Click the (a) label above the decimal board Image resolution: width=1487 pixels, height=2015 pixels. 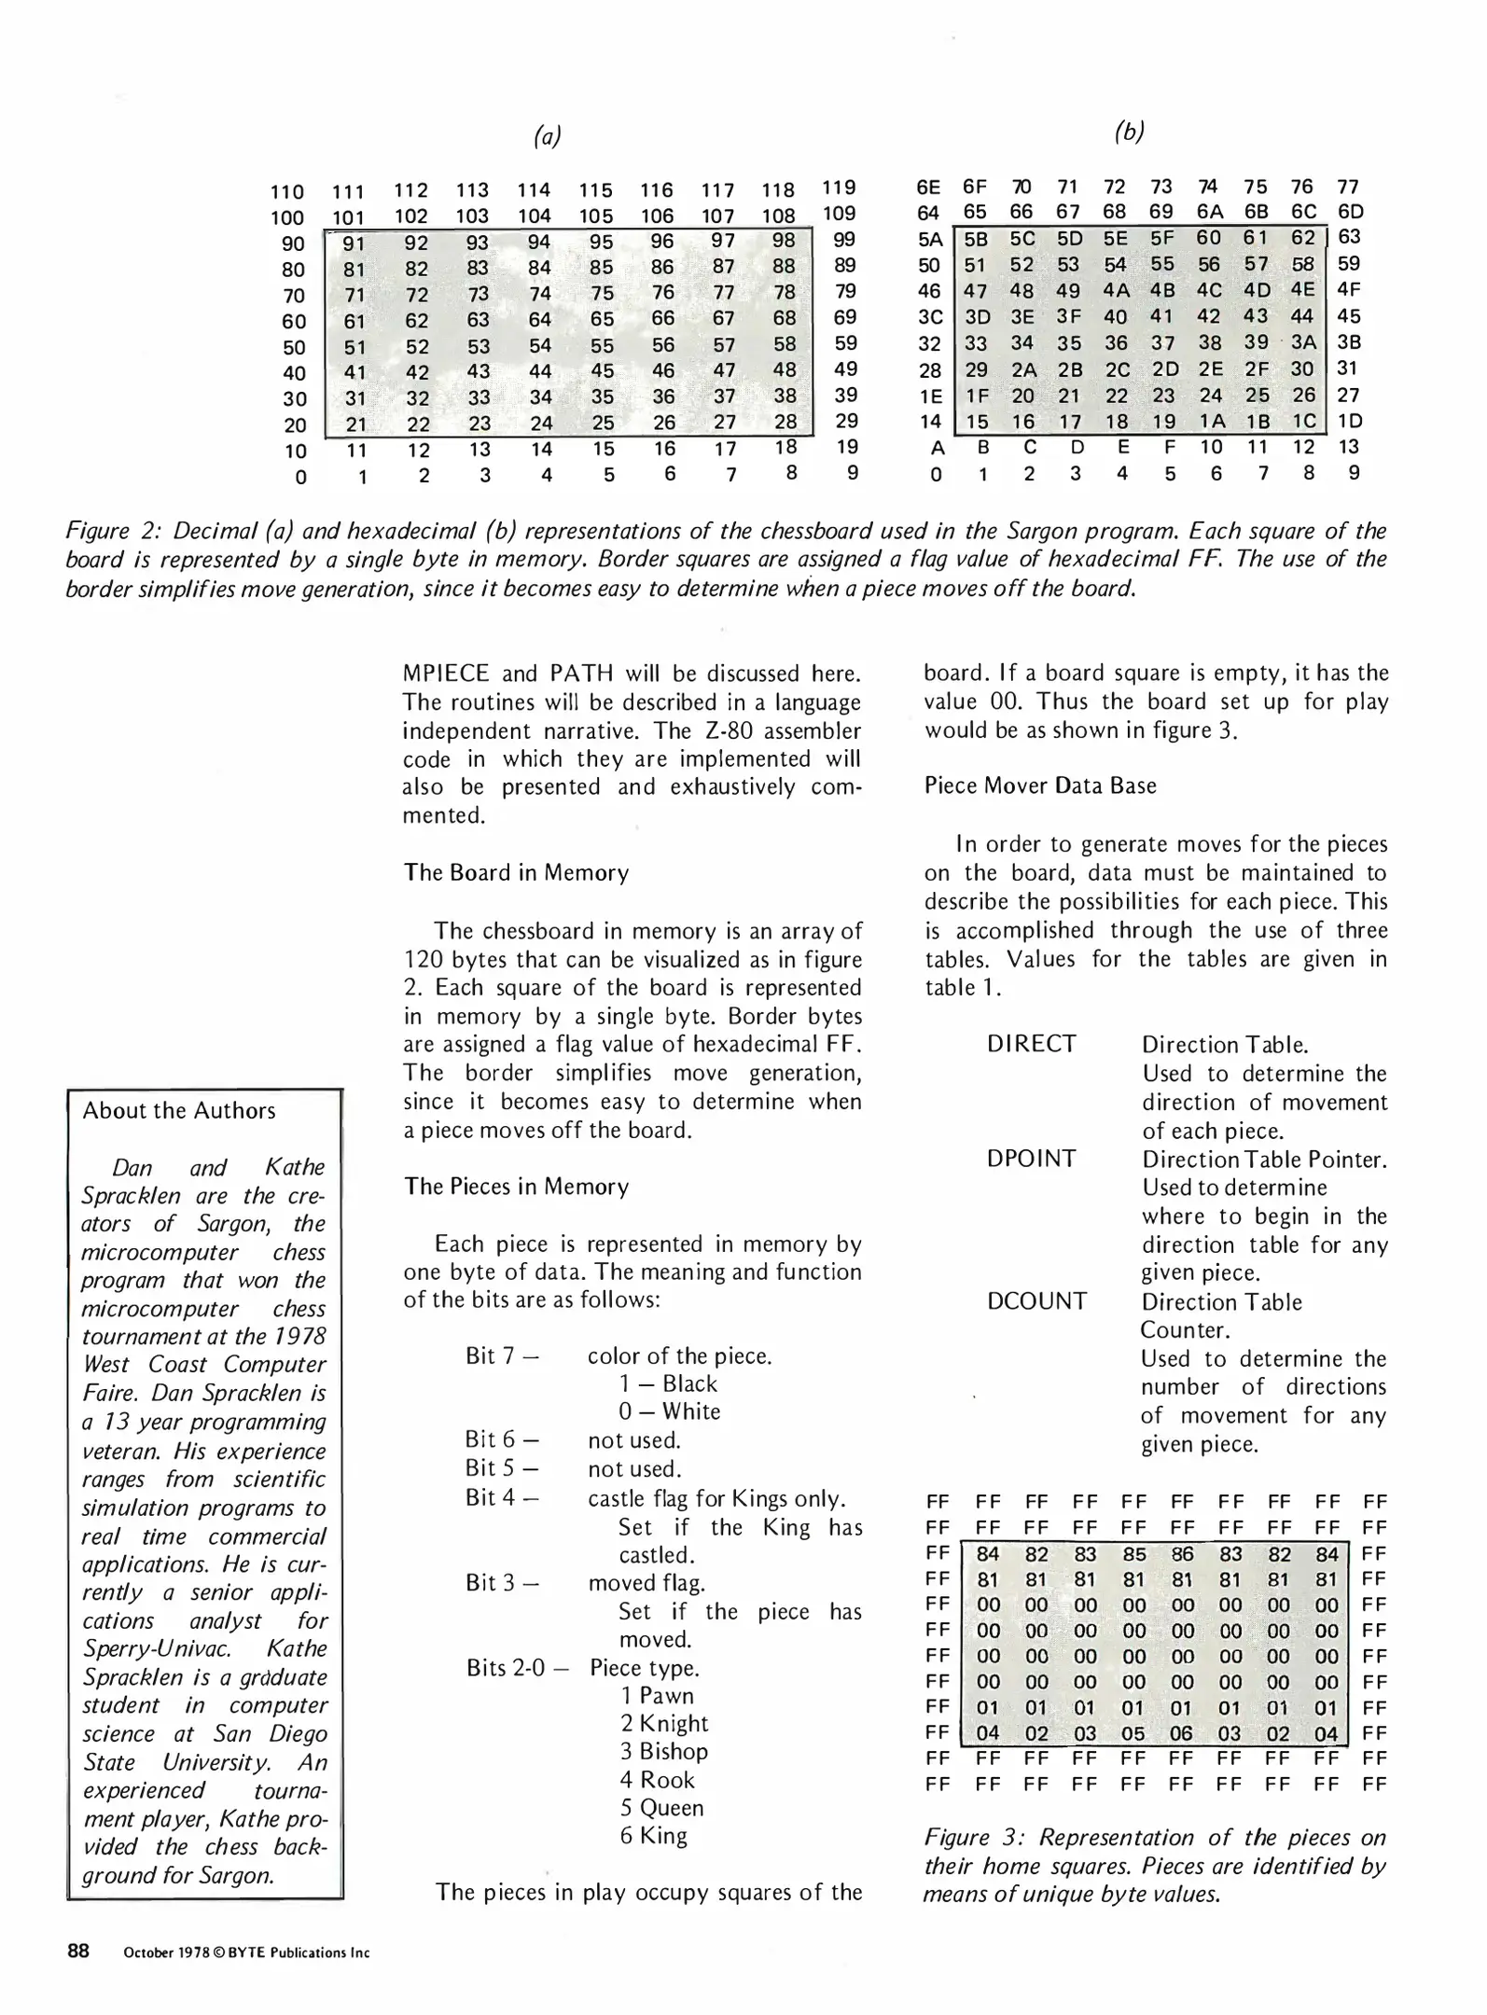coord(547,137)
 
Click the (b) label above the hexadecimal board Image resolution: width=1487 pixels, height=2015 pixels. coord(1129,132)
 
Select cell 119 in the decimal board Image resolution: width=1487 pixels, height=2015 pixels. coord(839,188)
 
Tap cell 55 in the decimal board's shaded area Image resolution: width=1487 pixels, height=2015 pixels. coord(602,345)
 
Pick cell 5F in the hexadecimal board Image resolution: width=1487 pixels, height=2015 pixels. coord(1162,238)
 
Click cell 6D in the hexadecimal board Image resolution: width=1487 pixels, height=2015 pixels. coord(1350,212)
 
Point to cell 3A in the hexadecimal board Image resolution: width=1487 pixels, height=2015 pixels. coord(1303,342)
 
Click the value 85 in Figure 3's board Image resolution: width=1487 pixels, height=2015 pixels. coord(1134,1555)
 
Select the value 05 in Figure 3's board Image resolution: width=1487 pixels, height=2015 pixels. coord(1133,1734)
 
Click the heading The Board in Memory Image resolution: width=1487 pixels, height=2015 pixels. coord(516,872)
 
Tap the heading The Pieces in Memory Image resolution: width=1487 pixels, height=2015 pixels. coord(516,1187)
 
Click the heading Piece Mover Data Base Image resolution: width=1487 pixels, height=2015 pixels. coord(1040,785)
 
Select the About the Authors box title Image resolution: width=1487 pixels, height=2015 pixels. coord(179,1111)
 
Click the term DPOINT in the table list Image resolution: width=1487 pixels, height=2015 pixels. coord(1031,1159)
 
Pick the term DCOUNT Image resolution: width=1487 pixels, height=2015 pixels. coord(1036,1301)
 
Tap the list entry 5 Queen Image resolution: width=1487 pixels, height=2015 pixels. coord(662,1808)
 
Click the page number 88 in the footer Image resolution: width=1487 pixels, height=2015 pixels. coord(78,1952)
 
